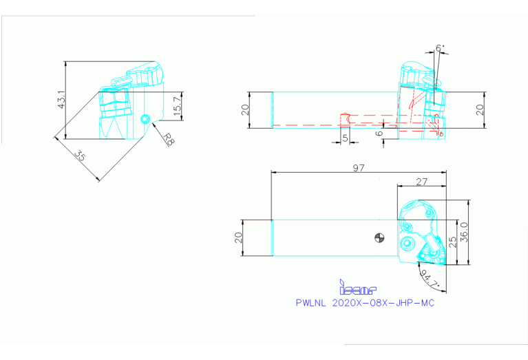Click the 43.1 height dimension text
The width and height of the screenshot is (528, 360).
61,100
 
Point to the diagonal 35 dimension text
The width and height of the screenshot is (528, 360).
80,158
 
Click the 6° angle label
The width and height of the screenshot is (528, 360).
440,48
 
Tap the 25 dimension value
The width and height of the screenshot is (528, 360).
452,242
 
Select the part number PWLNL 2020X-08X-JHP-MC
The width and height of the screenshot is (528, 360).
364,302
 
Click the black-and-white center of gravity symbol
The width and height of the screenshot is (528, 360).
379,238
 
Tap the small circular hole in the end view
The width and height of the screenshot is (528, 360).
145,119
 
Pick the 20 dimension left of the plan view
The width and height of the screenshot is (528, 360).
237,238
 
